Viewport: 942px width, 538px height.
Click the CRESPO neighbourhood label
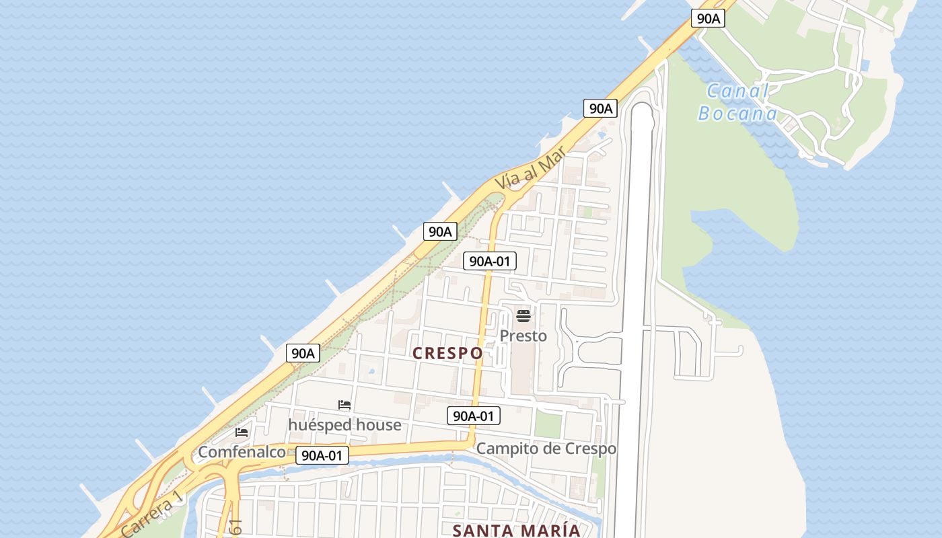point(447,353)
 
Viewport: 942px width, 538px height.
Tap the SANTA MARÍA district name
point(516,530)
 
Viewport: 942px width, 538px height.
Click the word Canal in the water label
point(737,91)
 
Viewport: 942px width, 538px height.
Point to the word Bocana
point(737,113)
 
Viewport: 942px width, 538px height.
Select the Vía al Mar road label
point(530,169)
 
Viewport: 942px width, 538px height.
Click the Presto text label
point(523,336)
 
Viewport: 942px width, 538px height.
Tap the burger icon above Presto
point(523,315)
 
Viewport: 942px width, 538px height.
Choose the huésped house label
point(345,425)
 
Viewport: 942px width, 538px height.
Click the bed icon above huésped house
point(345,405)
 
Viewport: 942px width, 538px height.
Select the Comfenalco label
point(242,452)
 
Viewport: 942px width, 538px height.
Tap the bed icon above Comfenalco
point(242,432)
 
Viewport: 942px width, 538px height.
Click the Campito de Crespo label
point(546,449)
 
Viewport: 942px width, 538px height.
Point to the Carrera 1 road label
point(151,513)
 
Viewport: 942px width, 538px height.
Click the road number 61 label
point(235,527)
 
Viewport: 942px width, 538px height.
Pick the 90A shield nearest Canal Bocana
point(708,18)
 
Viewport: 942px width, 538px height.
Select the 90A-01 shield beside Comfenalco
point(322,455)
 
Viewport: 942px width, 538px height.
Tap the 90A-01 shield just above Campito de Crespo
point(474,416)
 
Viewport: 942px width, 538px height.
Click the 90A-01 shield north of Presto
point(489,261)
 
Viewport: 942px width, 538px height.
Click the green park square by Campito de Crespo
point(548,424)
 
